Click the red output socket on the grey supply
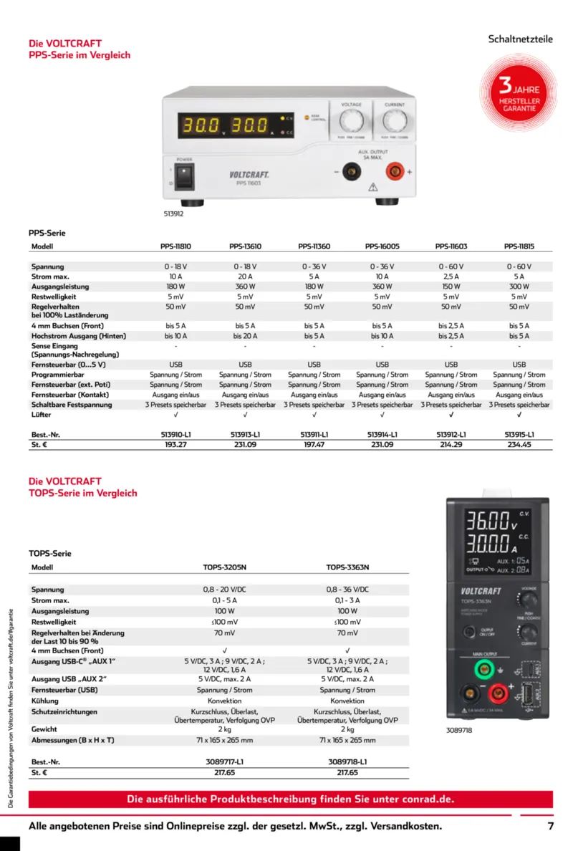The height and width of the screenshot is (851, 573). tap(393, 171)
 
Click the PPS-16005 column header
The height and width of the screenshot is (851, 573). tap(382, 246)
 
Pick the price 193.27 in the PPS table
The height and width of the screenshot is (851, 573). tap(175, 444)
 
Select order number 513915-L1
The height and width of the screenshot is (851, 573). tap(519, 434)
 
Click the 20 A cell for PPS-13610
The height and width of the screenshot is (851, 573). tap(245, 277)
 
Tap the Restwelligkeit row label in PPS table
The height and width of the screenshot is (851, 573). tap(54, 297)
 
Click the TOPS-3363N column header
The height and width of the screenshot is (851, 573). tap(347, 567)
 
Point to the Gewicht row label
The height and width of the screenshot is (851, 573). tap(45, 729)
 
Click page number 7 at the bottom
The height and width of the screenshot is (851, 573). tap(551, 826)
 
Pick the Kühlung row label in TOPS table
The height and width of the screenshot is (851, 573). tap(46, 701)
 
